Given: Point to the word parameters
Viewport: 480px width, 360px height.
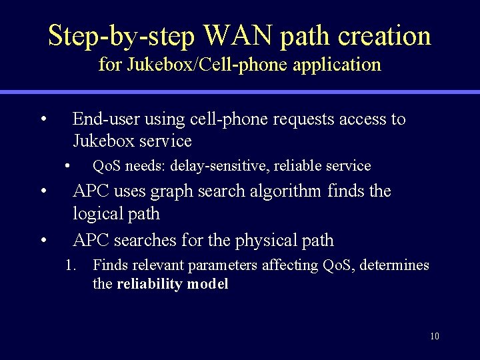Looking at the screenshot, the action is [223, 265].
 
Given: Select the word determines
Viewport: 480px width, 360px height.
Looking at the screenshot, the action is [394, 265].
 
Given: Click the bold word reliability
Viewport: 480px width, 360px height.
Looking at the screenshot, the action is [150, 284].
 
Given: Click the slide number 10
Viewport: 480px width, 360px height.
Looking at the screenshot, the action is [435, 336].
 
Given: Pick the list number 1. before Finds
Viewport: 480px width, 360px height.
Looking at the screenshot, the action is [71, 265].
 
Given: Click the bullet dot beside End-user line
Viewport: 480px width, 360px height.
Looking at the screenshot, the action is [43, 120].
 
